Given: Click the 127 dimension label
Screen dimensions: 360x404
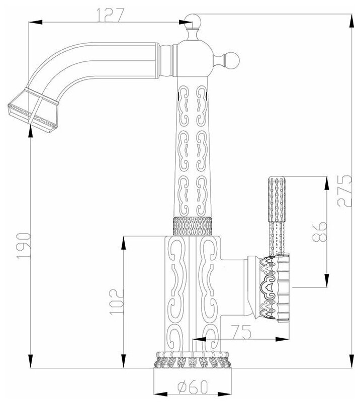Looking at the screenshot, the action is tap(111, 15).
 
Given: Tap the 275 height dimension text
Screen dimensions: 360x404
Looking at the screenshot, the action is tap(344, 190).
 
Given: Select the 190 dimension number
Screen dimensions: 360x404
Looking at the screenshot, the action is tap(24, 246).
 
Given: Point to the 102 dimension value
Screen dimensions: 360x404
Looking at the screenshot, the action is tap(116, 301).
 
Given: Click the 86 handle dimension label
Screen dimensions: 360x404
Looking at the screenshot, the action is tap(319, 231).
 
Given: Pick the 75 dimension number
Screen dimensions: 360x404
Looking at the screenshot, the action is tap(241, 332).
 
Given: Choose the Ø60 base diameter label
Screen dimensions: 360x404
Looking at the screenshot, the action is tap(193, 387).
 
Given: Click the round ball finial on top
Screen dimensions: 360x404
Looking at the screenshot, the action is tap(193, 21).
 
